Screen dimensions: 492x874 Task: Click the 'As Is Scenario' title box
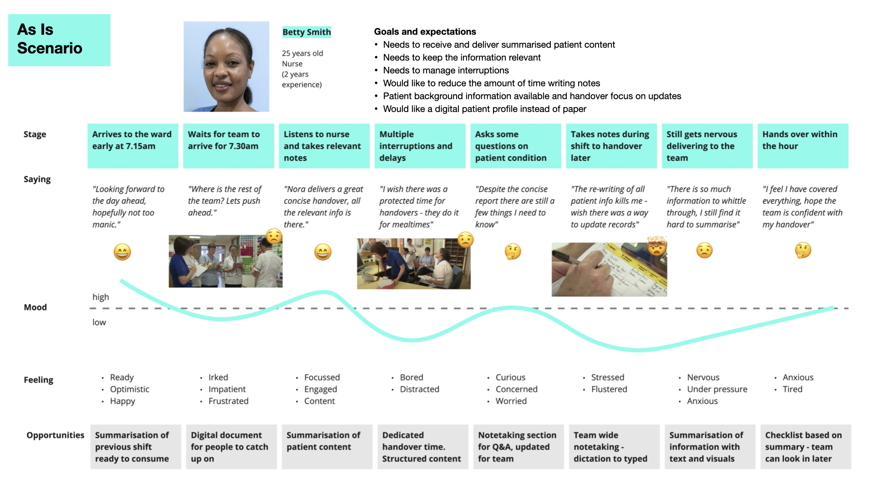pyautogui.click(x=59, y=40)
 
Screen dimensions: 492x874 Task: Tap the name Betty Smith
pyautogui.click(x=306, y=32)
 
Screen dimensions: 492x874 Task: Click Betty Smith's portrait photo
pyautogui.click(x=226, y=67)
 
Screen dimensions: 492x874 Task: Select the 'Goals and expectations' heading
pyautogui.click(x=425, y=31)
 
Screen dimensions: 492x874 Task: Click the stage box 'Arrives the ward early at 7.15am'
pyautogui.click(x=132, y=146)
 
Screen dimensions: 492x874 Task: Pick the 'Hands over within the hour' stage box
pyautogui.click(x=803, y=146)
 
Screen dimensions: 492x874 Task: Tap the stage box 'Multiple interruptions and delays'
pyautogui.click(x=420, y=146)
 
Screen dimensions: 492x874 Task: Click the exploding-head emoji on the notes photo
pyautogui.click(x=657, y=246)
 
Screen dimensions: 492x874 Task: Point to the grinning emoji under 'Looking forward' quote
pyautogui.click(x=122, y=252)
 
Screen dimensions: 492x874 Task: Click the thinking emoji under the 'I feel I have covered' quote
pyautogui.click(x=803, y=250)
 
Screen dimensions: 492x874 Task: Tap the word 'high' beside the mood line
pyautogui.click(x=101, y=297)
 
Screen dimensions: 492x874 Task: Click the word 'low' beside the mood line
pyautogui.click(x=99, y=322)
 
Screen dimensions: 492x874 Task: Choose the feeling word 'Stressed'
pyautogui.click(x=607, y=377)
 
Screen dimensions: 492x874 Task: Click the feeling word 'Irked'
pyautogui.click(x=218, y=377)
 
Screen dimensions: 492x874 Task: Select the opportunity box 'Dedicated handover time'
pyautogui.click(x=422, y=447)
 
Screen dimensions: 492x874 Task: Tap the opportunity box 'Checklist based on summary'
pyautogui.click(x=805, y=447)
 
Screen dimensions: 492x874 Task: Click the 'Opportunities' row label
pyautogui.click(x=55, y=435)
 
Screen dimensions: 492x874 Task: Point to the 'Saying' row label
pyautogui.click(x=37, y=179)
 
